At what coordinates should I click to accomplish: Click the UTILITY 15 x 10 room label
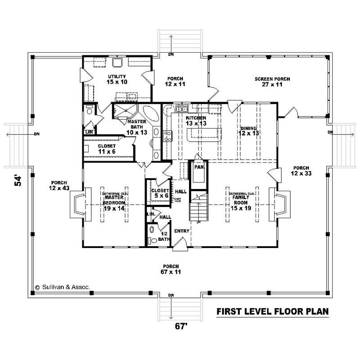point(117,79)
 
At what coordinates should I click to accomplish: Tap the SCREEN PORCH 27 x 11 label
point(272,81)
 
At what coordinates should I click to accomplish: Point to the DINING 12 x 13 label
point(248,130)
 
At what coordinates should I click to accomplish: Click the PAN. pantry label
point(198,166)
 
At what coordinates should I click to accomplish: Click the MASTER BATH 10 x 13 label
point(135,127)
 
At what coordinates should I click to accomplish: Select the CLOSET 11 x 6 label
point(107,148)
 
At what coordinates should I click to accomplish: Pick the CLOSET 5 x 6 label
point(160,193)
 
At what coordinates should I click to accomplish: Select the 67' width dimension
point(180,327)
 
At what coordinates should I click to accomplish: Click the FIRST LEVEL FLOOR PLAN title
point(272,311)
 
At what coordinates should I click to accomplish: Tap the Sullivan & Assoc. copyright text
point(63,286)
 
